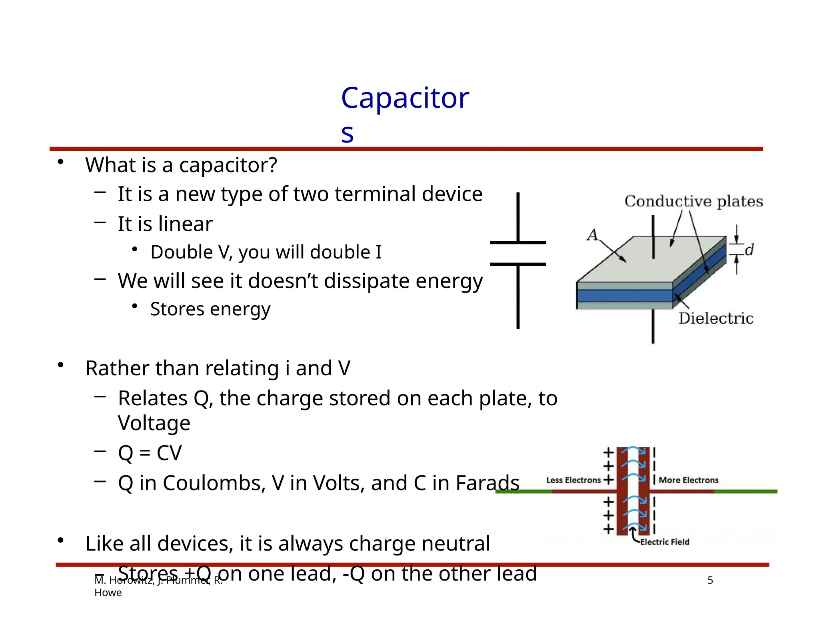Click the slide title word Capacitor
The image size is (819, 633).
(x=405, y=98)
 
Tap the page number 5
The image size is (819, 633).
(x=710, y=580)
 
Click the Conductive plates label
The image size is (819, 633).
(x=693, y=201)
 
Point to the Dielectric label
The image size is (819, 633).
(x=715, y=319)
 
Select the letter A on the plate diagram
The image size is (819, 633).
(x=592, y=234)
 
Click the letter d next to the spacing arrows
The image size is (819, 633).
(x=749, y=250)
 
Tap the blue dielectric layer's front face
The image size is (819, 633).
(x=624, y=296)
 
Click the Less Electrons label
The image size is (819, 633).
(x=573, y=480)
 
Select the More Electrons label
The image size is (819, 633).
(x=688, y=480)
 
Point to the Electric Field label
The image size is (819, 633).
(x=665, y=542)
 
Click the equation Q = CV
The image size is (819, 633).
(x=150, y=453)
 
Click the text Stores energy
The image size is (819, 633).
(x=210, y=309)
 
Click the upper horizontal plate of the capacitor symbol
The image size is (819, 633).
(x=517, y=242)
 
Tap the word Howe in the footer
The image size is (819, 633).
(x=108, y=593)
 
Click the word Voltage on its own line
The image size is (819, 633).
(x=154, y=423)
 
